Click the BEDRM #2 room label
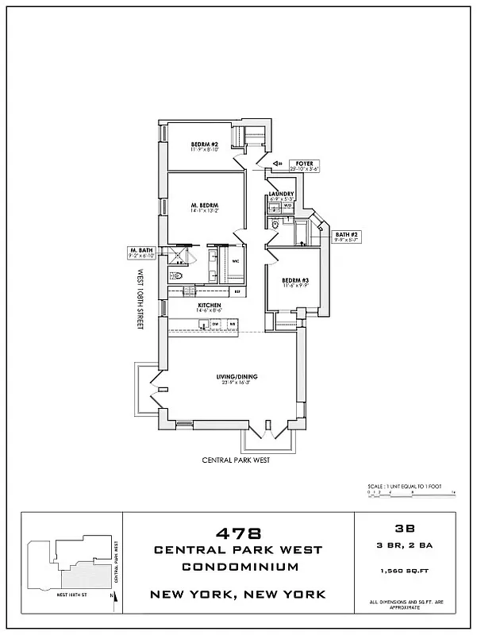204,145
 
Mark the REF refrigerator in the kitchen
237,292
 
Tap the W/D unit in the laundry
288,206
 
